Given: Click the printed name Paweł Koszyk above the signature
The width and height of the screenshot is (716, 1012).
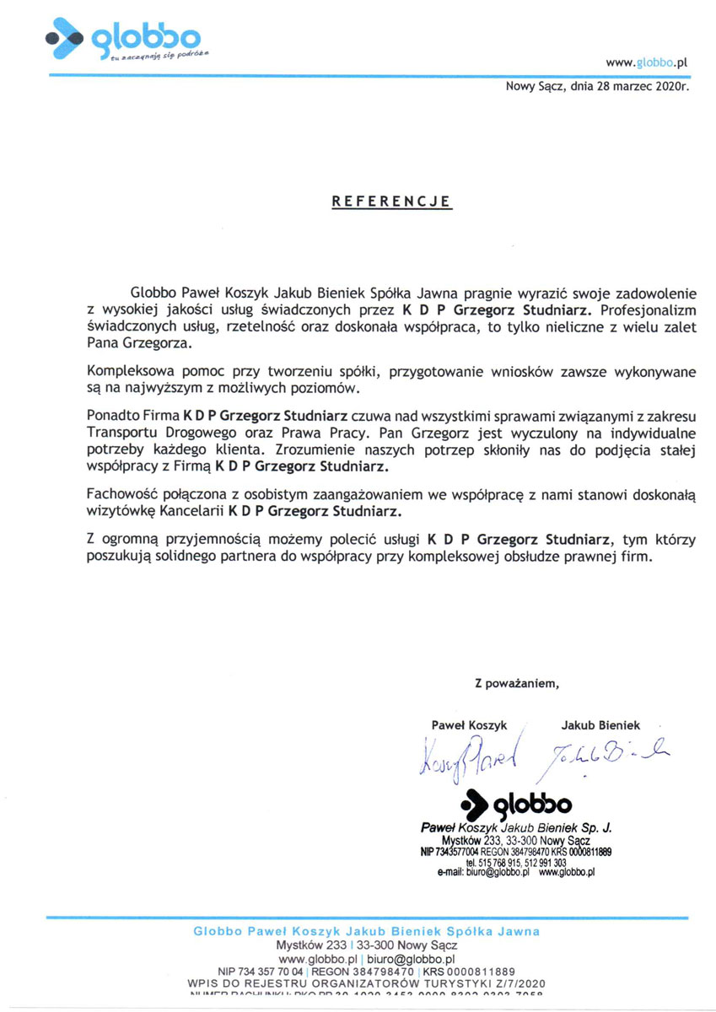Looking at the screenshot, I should click(466, 724).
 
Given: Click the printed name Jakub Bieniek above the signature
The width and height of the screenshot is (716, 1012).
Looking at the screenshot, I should click(600, 724).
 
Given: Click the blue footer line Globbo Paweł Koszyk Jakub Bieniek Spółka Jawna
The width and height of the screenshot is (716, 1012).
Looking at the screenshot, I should click(367, 932).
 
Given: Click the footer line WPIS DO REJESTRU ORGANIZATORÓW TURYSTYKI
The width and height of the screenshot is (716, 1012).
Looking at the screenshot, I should click(367, 983).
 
